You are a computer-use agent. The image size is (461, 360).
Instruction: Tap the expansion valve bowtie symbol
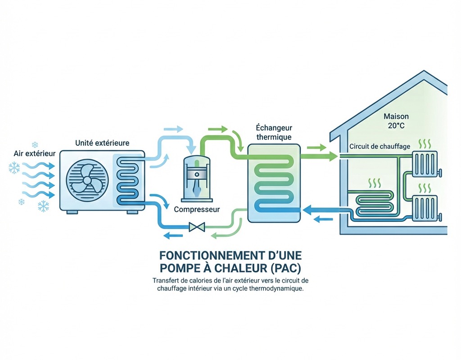pyautogui.click(x=197, y=227)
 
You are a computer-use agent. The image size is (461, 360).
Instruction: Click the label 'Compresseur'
pyautogui.click(x=197, y=209)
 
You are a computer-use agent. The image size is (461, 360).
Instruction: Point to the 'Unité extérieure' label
pyautogui.click(x=102, y=143)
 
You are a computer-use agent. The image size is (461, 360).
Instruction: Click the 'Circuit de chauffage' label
pyautogui.click(x=380, y=147)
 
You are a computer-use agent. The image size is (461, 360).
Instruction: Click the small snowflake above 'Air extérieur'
pyautogui.click(x=35, y=144)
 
